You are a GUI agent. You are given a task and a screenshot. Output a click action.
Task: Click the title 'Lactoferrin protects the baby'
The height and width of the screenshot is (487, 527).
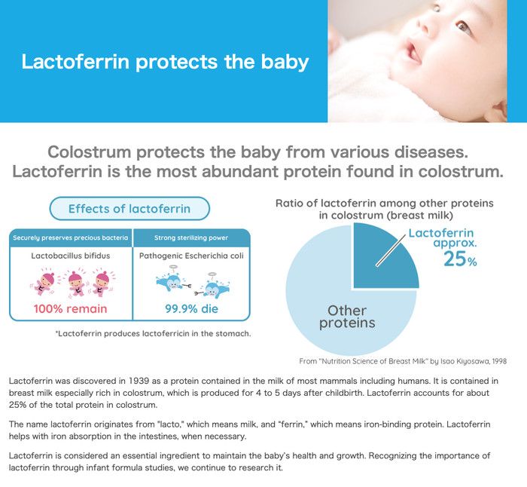coord(165,62)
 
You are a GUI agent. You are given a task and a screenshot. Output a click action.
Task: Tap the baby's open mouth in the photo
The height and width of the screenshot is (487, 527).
coord(413,54)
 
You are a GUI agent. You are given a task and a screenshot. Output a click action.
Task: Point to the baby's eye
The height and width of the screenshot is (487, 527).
coord(463,26)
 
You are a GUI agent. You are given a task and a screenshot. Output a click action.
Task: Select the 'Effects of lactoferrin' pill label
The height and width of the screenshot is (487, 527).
coord(129,209)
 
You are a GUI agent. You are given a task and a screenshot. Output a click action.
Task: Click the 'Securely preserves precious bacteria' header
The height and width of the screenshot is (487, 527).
coord(71,237)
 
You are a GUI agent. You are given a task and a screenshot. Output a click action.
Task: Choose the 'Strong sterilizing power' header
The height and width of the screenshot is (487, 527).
coord(191,237)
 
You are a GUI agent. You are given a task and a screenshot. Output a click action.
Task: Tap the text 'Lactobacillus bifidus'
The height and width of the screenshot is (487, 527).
coord(71,256)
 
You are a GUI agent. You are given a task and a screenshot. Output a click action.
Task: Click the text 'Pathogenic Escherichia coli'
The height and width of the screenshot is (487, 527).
coord(191,256)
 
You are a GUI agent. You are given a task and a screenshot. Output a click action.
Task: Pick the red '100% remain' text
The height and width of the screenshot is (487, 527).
coord(70,308)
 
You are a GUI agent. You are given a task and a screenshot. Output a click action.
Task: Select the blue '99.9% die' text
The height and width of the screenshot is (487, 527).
coord(191,308)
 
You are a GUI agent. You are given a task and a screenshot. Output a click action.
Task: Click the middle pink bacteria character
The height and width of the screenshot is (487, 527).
coord(76,283)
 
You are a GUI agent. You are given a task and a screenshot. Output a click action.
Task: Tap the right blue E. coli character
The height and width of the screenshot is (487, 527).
coord(212,286)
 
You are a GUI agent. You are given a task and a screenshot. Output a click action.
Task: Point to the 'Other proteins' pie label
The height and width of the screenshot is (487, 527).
coord(347,317)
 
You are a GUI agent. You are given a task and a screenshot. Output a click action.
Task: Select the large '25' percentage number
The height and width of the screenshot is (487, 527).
coord(455,259)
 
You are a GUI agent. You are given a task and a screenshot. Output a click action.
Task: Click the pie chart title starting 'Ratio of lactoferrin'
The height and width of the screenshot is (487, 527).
coord(385,209)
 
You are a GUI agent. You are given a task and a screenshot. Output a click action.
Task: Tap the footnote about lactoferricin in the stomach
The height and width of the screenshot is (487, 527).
coord(154,333)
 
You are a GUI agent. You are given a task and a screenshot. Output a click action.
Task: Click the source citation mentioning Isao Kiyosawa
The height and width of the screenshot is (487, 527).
coord(403,361)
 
